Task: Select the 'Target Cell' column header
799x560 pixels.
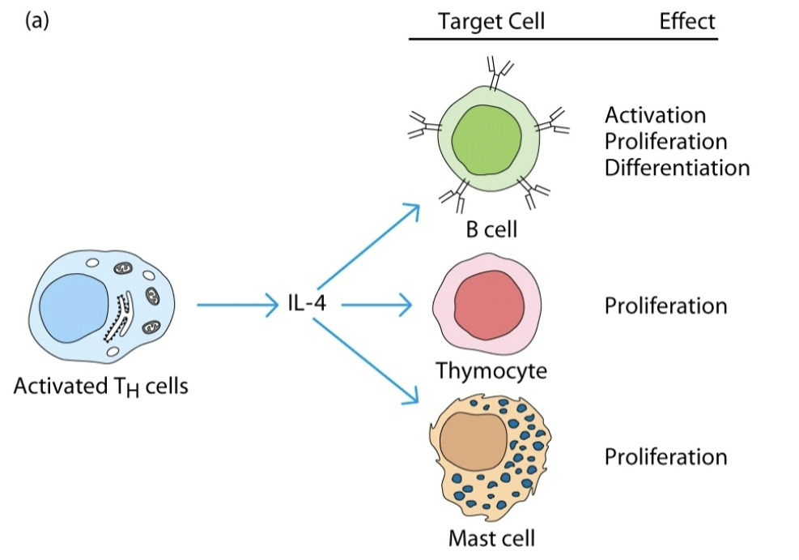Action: (491, 22)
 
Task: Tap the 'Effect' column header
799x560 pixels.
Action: (687, 22)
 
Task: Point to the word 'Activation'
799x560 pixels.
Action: (655, 115)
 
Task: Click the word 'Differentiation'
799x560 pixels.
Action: (677, 168)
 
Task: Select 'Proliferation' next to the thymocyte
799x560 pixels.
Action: (665, 306)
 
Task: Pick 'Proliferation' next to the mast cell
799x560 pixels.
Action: (665, 456)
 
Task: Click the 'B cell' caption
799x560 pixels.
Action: (491, 231)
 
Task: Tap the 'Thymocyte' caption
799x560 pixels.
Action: (491, 371)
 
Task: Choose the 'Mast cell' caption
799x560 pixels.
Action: (491, 537)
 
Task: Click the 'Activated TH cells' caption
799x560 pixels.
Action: (100, 386)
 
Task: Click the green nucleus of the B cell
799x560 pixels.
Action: (487, 139)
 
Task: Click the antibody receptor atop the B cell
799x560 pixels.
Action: (495, 71)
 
